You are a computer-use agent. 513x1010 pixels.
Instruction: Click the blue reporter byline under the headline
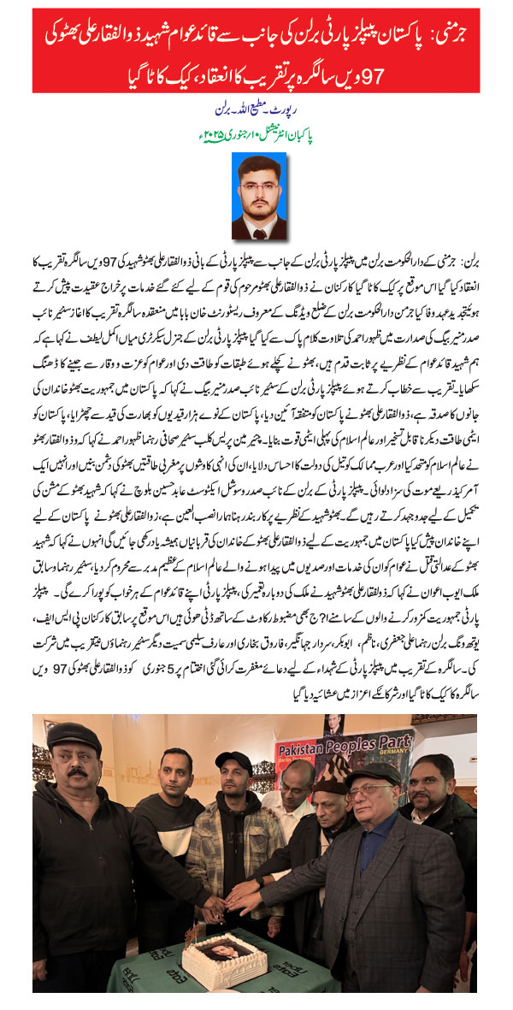[256, 112]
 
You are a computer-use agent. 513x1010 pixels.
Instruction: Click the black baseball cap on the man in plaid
[233, 759]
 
